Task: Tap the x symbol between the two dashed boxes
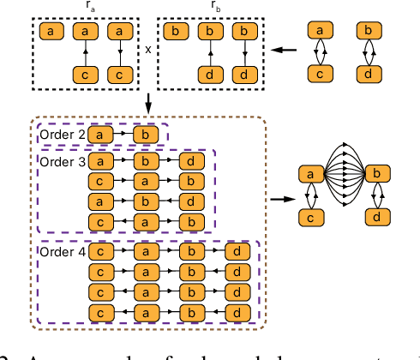[x=149, y=49]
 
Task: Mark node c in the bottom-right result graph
[x=306, y=219]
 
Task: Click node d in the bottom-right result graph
[x=375, y=219]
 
